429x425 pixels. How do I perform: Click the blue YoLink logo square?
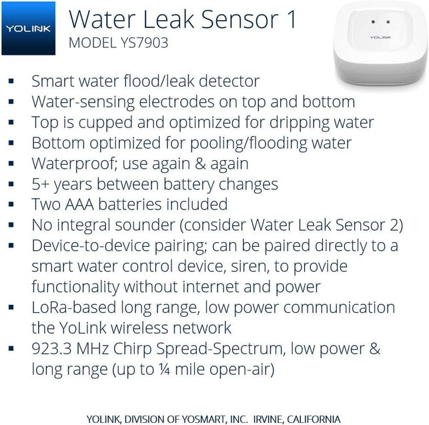[x=27, y=28]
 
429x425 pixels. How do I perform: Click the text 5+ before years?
[x=41, y=184]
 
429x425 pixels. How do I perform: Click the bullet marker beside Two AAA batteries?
[x=11, y=205]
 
